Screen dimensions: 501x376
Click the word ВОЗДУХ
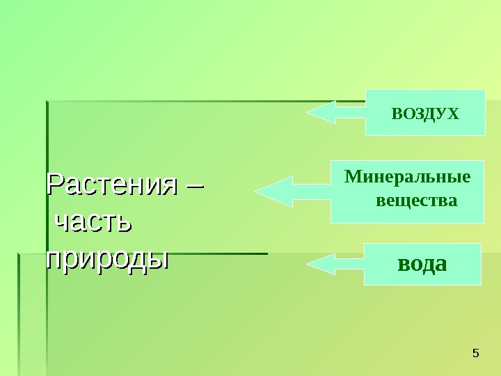[x=425, y=113]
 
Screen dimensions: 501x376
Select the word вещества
[x=416, y=201]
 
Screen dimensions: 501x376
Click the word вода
[x=422, y=265]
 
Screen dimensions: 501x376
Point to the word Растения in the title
[x=111, y=185]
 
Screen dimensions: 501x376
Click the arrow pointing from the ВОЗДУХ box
[x=336, y=111]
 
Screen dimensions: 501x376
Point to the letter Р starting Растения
[x=54, y=185]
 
